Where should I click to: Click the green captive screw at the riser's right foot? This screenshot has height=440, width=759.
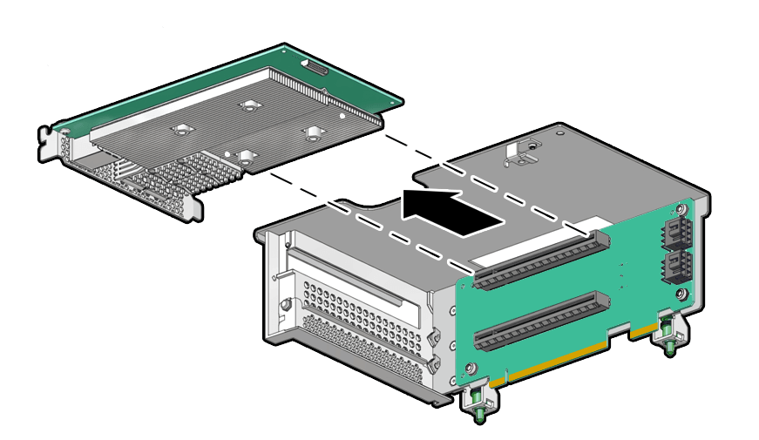(x=668, y=336)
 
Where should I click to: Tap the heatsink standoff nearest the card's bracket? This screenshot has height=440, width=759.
(x=181, y=131)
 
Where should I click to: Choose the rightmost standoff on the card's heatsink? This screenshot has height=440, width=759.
(x=312, y=133)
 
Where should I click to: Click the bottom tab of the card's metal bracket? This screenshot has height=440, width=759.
(x=193, y=209)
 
